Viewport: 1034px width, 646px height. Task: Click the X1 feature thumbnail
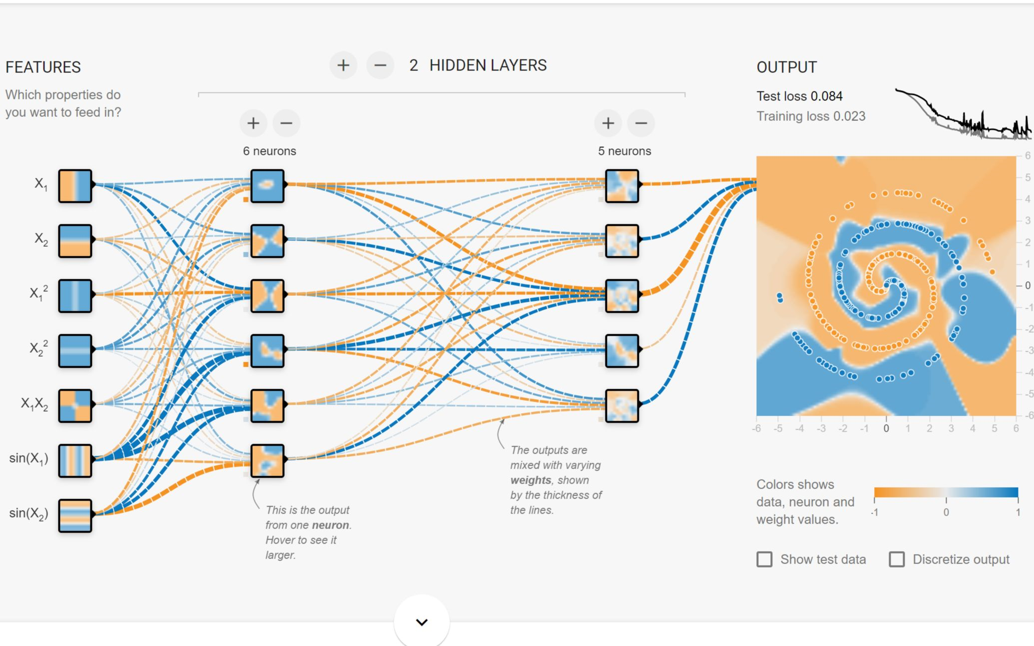(75, 186)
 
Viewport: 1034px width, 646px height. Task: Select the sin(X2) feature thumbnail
(75, 516)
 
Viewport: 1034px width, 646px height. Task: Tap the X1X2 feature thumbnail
(75, 406)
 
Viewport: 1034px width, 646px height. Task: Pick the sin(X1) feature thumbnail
(75, 461)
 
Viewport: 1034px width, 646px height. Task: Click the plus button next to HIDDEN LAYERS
(343, 65)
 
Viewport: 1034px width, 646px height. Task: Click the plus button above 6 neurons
(253, 123)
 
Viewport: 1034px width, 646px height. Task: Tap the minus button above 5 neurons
(641, 123)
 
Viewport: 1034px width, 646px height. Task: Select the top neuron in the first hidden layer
(267, 186)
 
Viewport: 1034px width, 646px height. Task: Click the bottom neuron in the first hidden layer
(267, 461)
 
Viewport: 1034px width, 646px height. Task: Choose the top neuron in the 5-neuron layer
(622, 186)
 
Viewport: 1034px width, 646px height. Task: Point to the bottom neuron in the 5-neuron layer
(622, 406)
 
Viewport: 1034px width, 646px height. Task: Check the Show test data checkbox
(764, 559)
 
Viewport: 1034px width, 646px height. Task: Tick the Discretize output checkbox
(897, 559)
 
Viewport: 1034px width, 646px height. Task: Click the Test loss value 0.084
(827, 96)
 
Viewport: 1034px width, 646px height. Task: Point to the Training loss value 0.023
(849, 116)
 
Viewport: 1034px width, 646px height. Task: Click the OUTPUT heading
(787, 67)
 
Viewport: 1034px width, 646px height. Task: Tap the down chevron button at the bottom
(422, 622)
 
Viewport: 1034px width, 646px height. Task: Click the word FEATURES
(43, 67)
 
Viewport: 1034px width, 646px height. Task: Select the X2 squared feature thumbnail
(75, 351)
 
